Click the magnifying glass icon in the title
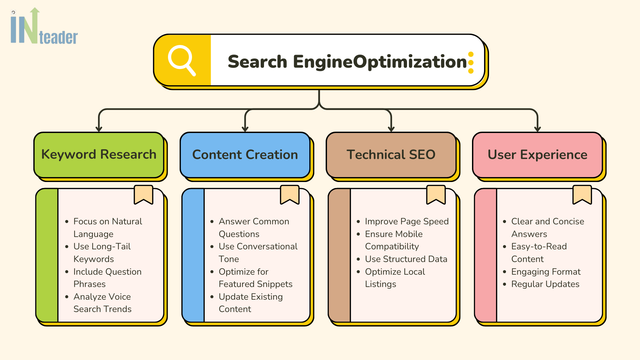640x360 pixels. [182, 60]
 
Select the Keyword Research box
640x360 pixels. [97, 155]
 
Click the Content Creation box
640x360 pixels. [244, 155]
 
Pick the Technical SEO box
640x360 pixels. [391, 155]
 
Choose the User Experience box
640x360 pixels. [537, 155]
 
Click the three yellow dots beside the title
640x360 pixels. [470, 62]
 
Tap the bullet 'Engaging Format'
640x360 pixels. [545, 271]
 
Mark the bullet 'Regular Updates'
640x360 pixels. [545, 284]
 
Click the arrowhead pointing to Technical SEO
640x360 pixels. [391, 128]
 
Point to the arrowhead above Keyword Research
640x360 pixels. [97, 128]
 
